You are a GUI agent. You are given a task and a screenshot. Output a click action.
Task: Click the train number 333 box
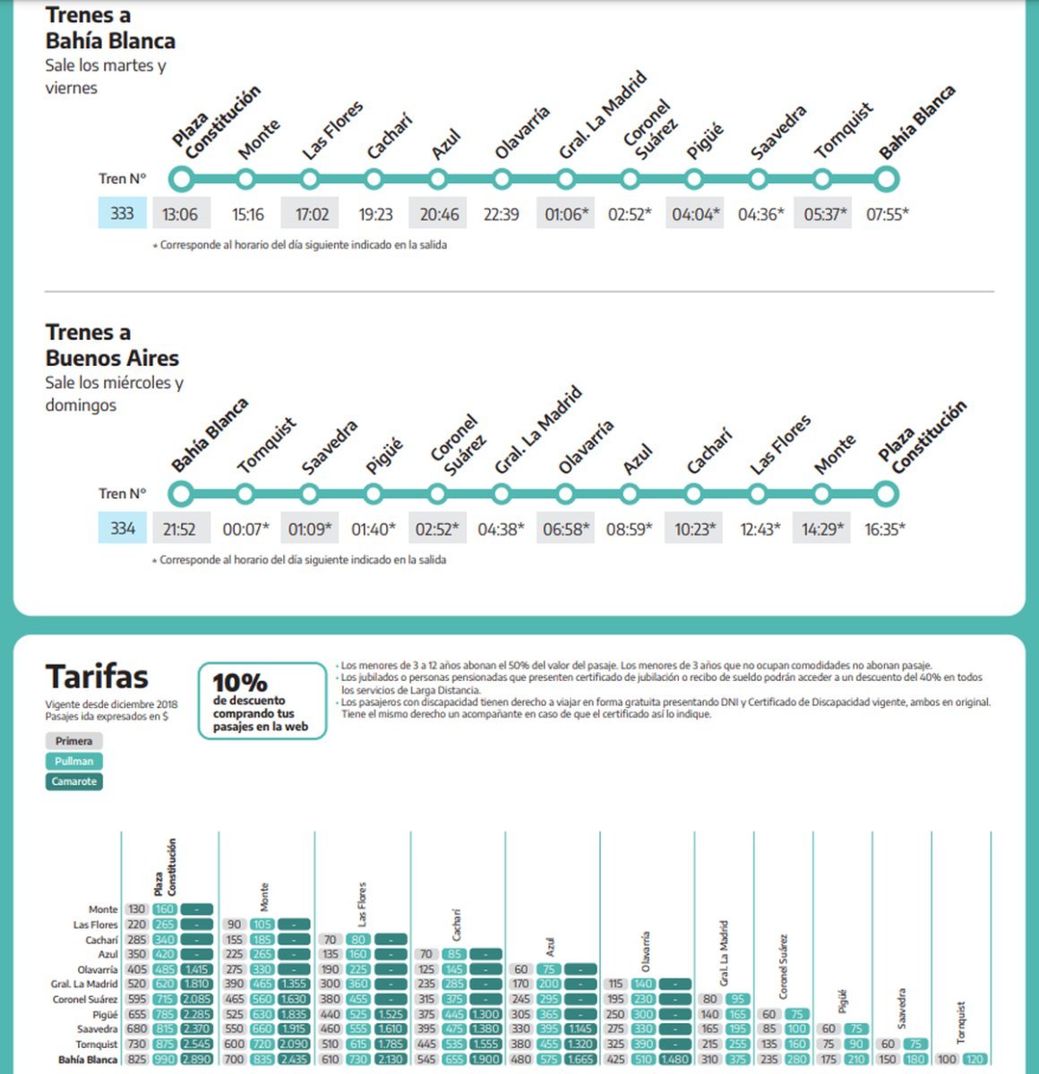pos(122,213)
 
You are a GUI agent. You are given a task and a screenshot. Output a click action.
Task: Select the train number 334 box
pos(122,528)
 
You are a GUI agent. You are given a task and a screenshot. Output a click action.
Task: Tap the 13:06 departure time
pos(180,214)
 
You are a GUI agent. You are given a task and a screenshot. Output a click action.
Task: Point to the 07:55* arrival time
pos(887,214)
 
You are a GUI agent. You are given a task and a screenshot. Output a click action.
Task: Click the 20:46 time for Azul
pos(439,214)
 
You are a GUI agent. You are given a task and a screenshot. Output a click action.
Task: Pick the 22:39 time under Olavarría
pos(501,214)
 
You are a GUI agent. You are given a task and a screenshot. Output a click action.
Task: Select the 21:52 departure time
pos(179,529)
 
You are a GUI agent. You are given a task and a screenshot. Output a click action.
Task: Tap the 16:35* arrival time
pos(885,529)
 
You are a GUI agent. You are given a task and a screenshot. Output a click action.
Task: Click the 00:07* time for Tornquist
pos(245,529)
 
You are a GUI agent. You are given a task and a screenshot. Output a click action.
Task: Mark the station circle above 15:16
pos(245,179)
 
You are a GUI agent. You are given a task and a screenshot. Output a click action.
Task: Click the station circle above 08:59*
pos(630,493)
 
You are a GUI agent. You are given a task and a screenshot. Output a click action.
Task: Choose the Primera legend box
pos(73,741)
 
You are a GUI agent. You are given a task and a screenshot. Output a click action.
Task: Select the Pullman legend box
pos(73,762)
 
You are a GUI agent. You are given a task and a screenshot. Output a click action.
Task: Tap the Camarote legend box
pos(73,781)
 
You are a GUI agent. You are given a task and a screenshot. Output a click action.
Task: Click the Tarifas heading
pos(97,677)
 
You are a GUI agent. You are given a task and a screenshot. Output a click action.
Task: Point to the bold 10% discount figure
pos(239,682)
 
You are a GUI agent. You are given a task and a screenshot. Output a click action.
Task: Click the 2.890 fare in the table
pos(196,1060)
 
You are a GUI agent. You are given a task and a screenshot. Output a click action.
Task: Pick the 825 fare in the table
pos(136,1060)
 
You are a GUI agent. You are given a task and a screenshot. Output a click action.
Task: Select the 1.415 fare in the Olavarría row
pos(196,969)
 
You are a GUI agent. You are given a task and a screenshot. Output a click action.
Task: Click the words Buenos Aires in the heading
pos(112,358)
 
